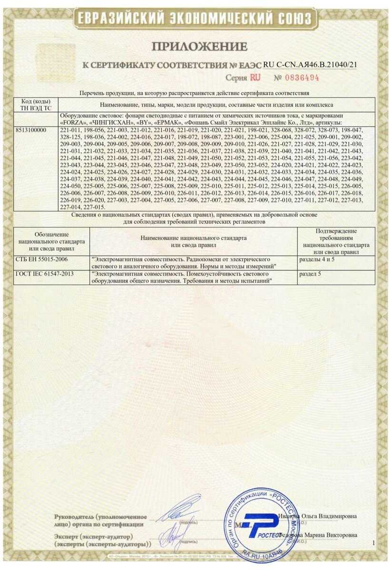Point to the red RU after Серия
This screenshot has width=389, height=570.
click(255, 77)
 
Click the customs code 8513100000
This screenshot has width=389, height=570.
click(32, 129)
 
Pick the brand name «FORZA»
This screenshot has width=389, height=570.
click(73, 123)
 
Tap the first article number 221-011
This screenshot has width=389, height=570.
click(71, 129)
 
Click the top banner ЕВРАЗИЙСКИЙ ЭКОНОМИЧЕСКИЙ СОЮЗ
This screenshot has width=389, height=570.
click(194, 18)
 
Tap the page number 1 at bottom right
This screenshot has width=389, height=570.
click(374, 542)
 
